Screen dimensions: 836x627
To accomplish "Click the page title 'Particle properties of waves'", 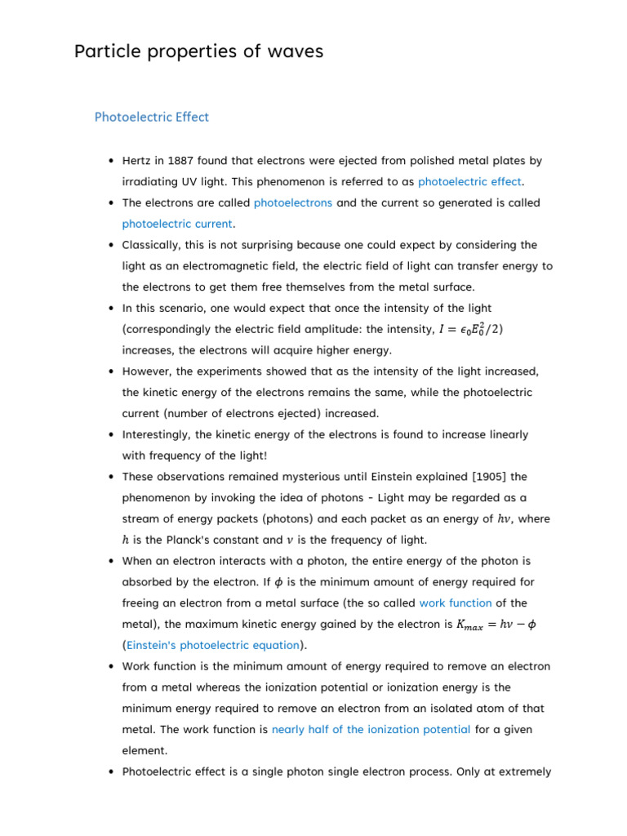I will [x=198, y=51].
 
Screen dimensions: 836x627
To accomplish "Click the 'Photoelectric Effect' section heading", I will [x=152, y=117].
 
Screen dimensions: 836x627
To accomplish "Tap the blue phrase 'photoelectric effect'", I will [x=470, y=181].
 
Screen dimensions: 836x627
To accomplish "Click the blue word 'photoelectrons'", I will [x=292, y=202].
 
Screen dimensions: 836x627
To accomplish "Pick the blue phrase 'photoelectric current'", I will [x=177, y=224].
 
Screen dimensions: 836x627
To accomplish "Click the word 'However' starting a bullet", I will [x=146, y=371].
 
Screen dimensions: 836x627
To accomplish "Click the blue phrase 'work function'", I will [x=455, y=603].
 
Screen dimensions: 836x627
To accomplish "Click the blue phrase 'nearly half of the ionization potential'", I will [x=371, y=729].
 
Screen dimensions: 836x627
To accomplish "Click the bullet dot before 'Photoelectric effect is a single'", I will [x=110, y=772].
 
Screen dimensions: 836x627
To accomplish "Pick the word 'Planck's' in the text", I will [x=217, y=540].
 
